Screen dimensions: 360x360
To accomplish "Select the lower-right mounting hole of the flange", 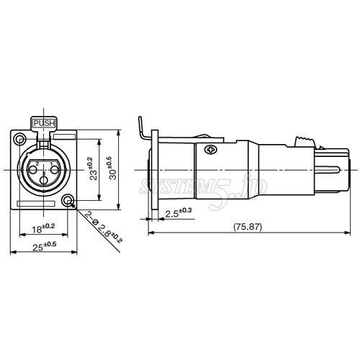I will coord(68,201).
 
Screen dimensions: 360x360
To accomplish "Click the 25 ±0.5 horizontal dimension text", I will coord(44,246).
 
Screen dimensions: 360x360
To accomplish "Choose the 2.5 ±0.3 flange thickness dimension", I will coord(177,212).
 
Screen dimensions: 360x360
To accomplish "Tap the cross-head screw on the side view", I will coord(211,150).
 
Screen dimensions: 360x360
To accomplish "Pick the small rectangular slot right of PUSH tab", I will coord(66,135).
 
